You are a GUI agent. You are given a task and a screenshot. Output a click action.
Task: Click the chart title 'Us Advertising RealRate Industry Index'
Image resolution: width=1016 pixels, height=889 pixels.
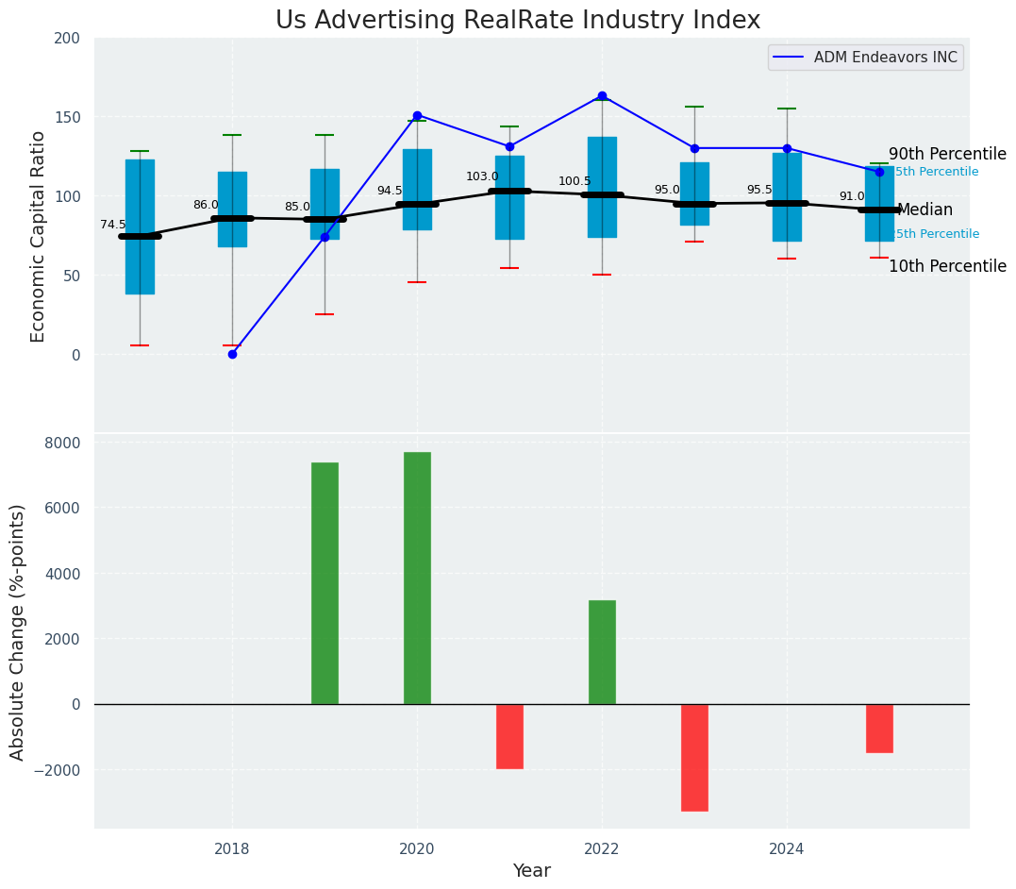point(517,21)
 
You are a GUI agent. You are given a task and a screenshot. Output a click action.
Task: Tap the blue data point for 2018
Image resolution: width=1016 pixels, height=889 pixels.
point(232,354)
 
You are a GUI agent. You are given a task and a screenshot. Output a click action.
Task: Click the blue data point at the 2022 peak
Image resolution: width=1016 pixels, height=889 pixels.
point(602,96)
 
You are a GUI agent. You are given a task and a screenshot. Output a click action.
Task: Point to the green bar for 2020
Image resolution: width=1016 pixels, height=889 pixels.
point(417,578)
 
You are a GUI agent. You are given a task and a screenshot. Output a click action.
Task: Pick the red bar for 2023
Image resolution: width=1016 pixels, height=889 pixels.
point(694,757)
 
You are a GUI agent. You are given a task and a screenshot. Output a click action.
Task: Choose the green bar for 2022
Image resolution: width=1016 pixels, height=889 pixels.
point(602,652)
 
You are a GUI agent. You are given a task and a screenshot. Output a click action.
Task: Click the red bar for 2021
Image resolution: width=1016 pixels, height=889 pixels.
point(509,736)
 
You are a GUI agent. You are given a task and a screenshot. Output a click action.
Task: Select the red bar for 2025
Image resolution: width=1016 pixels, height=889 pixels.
point(879,728)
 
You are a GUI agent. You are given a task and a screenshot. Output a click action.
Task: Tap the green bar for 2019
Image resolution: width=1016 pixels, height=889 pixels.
point(325,583)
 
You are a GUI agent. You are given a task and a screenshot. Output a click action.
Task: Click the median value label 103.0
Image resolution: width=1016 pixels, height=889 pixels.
point(482,176)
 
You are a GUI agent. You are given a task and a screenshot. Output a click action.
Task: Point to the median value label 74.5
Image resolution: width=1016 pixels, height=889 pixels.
point(113,225)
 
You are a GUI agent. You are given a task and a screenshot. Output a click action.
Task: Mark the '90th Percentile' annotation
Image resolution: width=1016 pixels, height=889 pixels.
point(947,154)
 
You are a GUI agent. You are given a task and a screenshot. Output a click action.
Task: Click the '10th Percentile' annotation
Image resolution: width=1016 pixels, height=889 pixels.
point(947,266)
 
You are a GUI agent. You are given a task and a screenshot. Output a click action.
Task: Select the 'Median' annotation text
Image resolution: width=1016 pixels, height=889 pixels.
point(924,210)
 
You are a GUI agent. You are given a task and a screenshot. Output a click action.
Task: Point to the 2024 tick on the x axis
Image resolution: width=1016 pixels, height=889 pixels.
point(787,848)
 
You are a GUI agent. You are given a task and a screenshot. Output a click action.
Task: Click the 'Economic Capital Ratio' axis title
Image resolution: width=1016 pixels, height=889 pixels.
point(39,236)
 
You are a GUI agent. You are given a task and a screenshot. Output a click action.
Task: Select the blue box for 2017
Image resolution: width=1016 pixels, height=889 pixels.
point(140,226)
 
